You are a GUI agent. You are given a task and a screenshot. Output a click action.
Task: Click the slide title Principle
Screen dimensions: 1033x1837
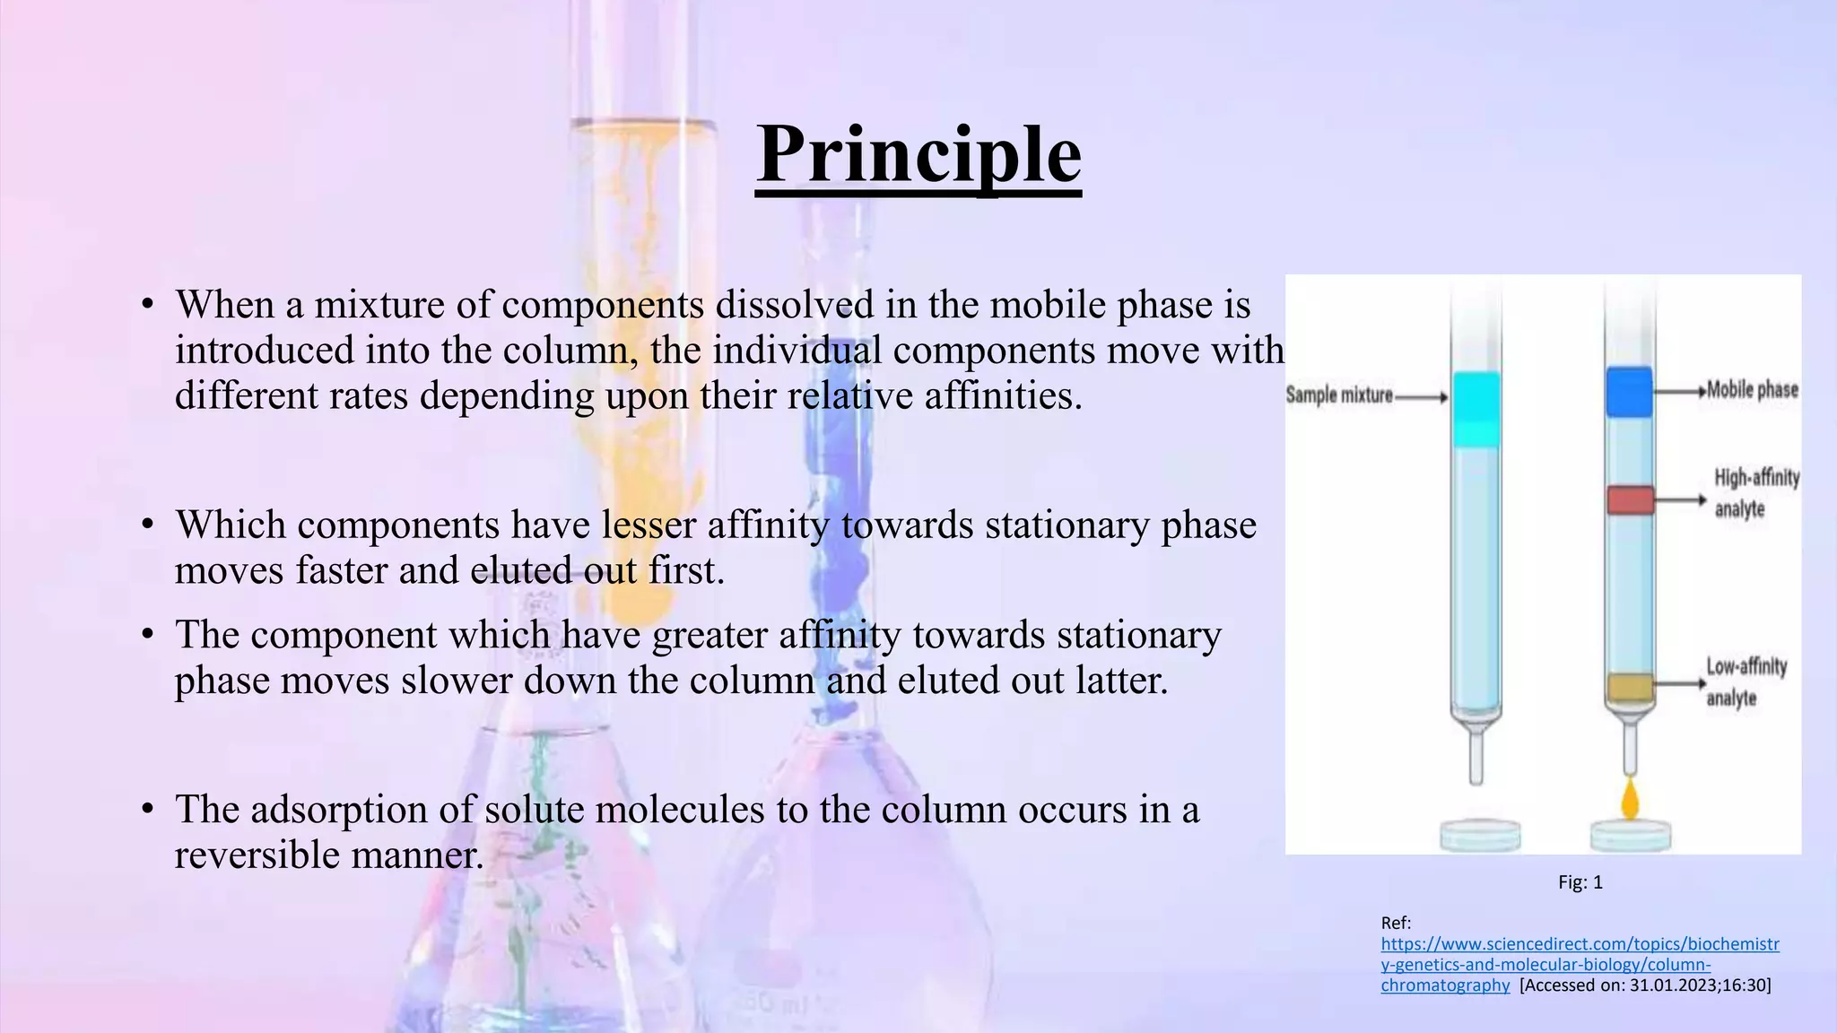coord(918,154)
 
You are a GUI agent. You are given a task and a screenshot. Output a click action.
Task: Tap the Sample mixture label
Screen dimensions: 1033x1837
coord(1338,395)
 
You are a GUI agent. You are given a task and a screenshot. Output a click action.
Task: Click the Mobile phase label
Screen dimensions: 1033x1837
coord(1752,390)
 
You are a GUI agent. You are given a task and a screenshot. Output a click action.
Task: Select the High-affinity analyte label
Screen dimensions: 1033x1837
coord(1755,492)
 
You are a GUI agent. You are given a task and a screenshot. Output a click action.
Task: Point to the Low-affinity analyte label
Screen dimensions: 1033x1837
coord(1746,681)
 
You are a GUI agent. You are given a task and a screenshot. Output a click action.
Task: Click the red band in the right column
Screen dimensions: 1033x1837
coord(1630,499)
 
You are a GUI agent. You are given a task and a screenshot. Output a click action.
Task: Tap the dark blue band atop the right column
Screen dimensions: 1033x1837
coord(1629,391)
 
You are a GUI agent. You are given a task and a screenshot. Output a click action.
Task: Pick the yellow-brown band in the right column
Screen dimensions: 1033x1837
coord(1630,686)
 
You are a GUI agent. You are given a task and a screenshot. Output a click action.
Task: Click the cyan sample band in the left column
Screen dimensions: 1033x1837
coord(1476,409)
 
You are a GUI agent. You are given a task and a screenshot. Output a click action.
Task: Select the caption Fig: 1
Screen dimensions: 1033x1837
coord(1580,882)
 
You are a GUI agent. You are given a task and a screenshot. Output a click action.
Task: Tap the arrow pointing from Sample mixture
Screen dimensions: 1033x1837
coord(1421,396)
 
